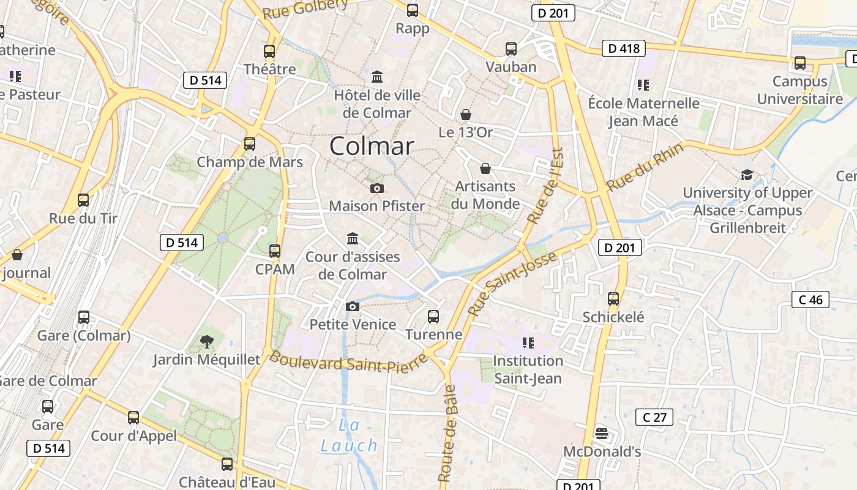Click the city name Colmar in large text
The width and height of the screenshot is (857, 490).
[372, 146]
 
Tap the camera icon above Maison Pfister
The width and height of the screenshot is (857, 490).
[377, 188]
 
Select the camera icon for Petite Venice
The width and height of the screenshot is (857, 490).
[353, 306]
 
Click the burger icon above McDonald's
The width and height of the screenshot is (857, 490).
[601, 434]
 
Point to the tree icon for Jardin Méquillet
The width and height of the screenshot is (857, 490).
[207, 341]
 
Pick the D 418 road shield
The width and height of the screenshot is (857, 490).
[624, 48]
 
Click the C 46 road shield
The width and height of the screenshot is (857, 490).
[810, 300]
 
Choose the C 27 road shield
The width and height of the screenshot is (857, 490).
[654, 418]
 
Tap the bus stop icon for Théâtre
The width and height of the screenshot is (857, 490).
[269, 51]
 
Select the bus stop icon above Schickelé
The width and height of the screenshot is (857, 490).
[613, 299]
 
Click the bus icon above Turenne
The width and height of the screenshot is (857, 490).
[433, 316]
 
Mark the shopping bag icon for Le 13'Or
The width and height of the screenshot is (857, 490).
[466, 115]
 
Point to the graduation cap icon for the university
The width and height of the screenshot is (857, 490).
[747, 175]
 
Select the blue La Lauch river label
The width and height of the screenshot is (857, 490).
[349, 435]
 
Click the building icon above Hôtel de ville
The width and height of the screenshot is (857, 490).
[377, 77]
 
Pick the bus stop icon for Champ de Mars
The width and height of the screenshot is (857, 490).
[250, 144]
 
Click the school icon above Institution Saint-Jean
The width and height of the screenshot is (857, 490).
[528, 342]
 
